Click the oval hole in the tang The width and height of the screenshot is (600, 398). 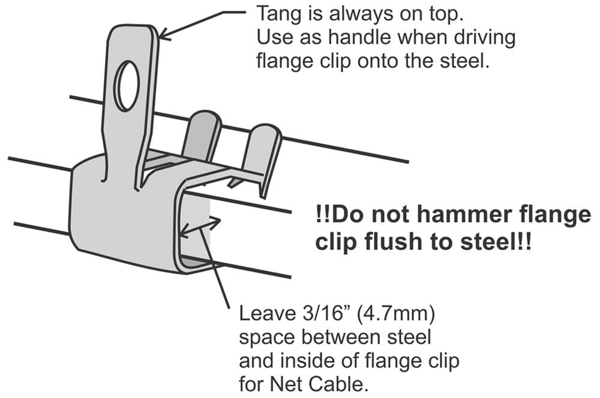[127, 86]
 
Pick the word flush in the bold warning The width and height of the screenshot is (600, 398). [393, 242]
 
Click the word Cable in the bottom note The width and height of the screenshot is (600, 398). [338, 384]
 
